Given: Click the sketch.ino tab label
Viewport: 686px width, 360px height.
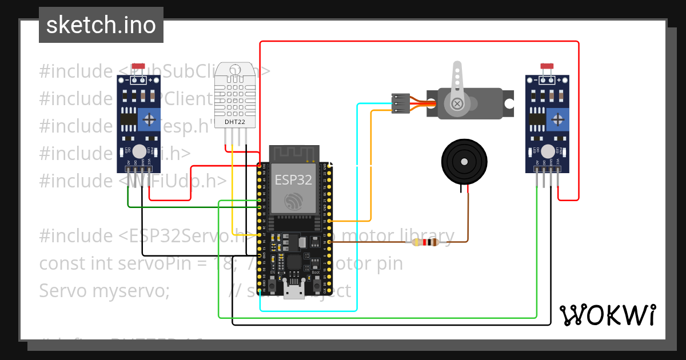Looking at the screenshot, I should (101, 25).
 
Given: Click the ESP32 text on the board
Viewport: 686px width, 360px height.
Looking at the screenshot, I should (293, 180).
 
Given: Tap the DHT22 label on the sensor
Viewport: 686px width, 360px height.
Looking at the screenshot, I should (235, 122).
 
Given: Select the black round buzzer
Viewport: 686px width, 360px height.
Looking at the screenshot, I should (465, 162).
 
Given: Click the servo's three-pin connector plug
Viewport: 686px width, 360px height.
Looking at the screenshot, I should (400, 103).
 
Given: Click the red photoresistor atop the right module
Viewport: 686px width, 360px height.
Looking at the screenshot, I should (547, 67).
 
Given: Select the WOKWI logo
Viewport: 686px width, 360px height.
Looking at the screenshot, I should (607, 315).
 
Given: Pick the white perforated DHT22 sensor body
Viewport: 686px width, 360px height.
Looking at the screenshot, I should (235, 94).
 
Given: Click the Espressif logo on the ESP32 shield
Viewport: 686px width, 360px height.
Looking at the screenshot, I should (293, 201).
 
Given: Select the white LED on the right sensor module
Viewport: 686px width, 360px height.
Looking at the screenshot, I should (547, 151).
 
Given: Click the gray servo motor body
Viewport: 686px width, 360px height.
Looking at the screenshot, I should (486, 103).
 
